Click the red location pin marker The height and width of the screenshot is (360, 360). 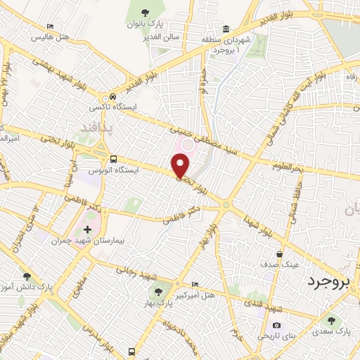[x=181, y=166]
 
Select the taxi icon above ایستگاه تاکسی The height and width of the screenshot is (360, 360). [x=113, y=97]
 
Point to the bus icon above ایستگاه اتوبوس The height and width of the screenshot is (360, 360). [x=114, y=159]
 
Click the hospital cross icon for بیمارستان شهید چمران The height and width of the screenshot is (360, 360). [x=87, y=230]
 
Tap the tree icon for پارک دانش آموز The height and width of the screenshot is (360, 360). [x=27, y=277]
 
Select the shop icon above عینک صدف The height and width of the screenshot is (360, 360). [x=281, y=255]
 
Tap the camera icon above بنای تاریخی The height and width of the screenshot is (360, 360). [x=276, y=325]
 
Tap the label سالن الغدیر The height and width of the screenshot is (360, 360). [x=165, y=37]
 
